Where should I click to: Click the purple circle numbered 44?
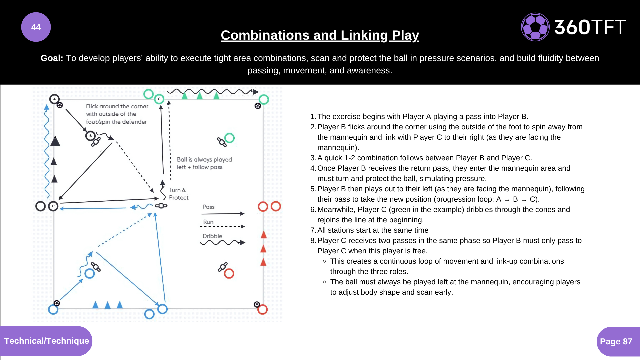pos(36,27)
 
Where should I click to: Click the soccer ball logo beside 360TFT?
pos(535,27)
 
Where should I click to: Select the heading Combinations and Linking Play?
pos(320,35)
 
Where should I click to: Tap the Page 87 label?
pos(616,341)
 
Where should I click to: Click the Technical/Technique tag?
pos(46,341)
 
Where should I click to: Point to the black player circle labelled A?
pos(54,99)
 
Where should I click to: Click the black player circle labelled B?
pos(90,136)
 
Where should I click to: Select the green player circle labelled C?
pos(159,99)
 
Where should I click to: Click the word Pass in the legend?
pos(209,207)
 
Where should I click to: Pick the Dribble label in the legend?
pos(212,236)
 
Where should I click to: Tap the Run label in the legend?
pos(208,222)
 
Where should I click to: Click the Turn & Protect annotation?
pos(178,194)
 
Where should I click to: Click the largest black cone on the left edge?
pos(55,142)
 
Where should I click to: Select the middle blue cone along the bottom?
pos(107,305)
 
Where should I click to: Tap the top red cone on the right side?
pos(264,235)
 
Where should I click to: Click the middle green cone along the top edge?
pos(200,96)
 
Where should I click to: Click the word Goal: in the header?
pos(52,58)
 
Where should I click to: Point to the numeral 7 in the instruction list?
pos(313,230)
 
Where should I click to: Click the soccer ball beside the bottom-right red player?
pos(257,304)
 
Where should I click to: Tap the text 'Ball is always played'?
pos(204,160)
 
